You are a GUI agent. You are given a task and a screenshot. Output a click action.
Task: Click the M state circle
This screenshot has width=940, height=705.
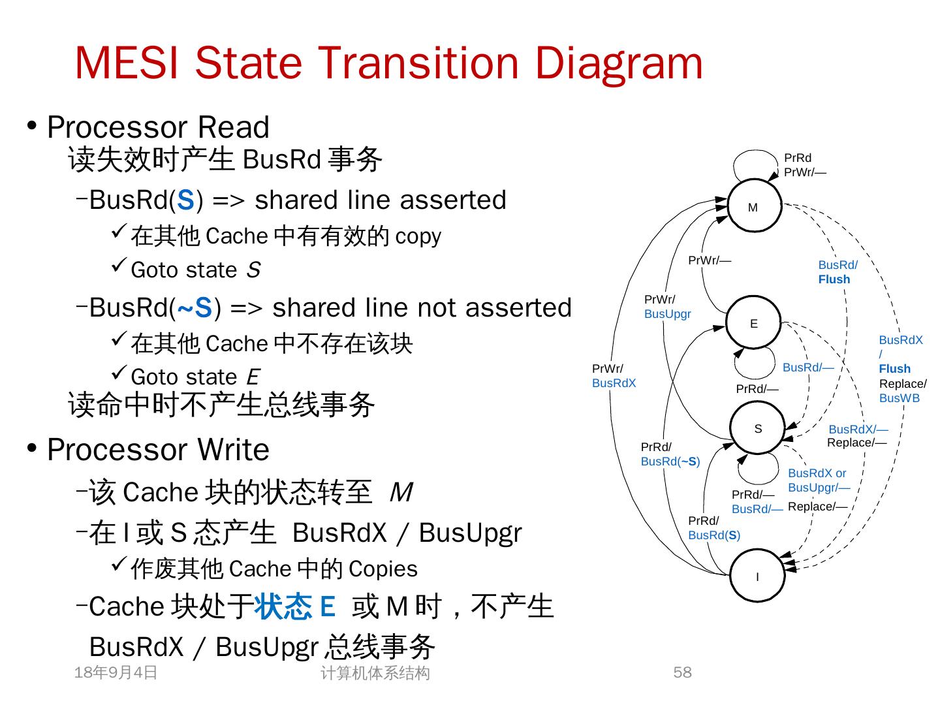click(x=754, y=206)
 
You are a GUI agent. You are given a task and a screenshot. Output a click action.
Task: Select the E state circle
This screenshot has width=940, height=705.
click(x=753, y=323)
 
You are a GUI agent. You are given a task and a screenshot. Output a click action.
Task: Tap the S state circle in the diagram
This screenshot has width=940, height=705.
click(x=757, y=428)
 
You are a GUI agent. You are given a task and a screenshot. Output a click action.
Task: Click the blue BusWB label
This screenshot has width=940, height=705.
click(x=899, y=398)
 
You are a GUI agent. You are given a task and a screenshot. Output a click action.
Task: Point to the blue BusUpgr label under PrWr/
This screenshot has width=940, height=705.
click(x=667, y=314)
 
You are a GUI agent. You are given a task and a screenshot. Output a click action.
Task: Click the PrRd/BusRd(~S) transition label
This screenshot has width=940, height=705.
click(x=670, y=454)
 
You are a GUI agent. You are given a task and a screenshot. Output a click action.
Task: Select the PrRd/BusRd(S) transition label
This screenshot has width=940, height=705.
click(x=714, y=528)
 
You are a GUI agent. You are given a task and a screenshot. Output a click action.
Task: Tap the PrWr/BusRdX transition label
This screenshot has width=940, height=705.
click(x=614, y=376)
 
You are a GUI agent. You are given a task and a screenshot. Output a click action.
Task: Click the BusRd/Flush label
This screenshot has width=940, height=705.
click(x=838, y=272)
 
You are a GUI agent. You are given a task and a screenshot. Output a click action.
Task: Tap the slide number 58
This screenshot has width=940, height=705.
click(x=682, y=672)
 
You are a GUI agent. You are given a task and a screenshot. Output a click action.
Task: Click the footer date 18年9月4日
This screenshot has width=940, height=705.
click(x=116, y=672)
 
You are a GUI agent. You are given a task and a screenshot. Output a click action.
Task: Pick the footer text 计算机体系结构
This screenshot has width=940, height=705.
click(x=375, y=673)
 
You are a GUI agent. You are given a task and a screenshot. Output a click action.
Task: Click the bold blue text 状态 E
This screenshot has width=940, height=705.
click(x=294, y=607)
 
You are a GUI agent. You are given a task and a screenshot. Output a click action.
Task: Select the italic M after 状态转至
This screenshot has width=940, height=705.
click(x=401, y=492)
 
